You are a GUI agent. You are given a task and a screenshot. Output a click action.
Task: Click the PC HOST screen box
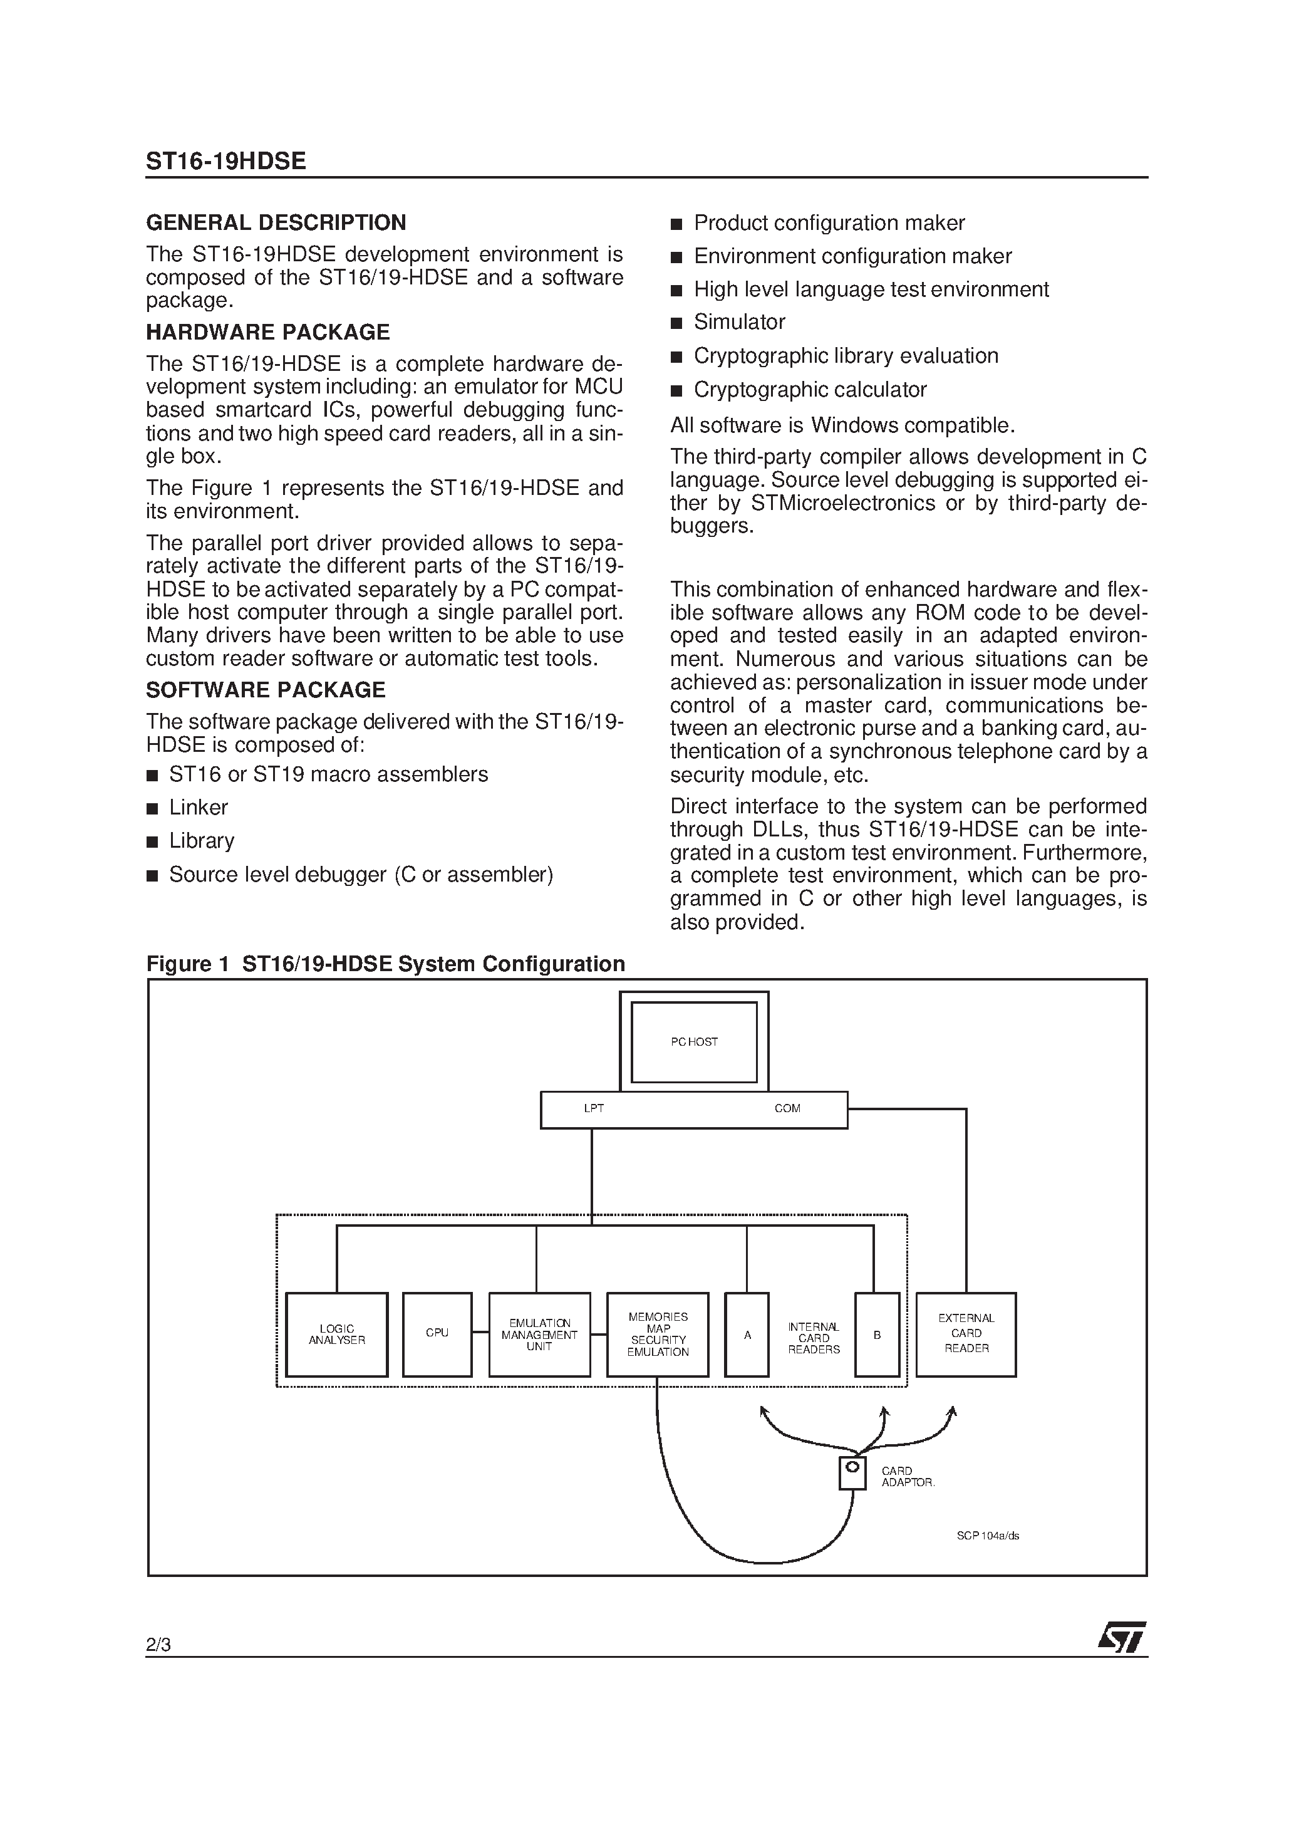coord(693,1041)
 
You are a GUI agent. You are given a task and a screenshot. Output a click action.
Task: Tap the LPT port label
coord(594,1108)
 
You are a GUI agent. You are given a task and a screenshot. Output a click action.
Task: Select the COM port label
coord(787,1108)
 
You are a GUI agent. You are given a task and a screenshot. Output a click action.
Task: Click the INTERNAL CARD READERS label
coord(814,1338)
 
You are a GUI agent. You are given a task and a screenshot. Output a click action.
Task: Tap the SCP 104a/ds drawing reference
coord(988,1536)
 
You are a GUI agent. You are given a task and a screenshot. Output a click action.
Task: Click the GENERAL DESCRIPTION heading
coord(276,222)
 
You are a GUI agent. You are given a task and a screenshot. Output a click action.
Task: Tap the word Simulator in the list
coord(740,323)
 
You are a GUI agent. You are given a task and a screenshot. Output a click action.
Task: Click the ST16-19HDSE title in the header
coord(225,161)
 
